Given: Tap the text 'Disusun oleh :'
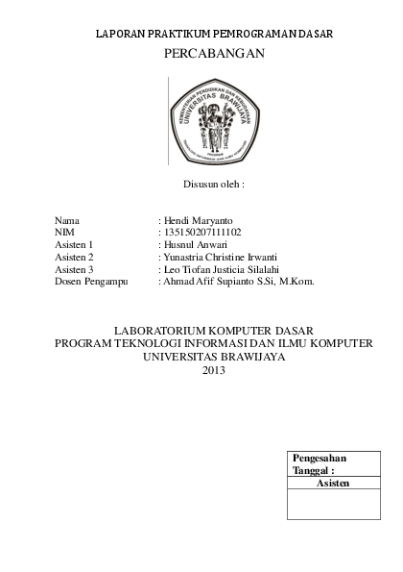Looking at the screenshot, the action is point(214,182).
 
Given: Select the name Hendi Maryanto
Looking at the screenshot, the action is point(198,220).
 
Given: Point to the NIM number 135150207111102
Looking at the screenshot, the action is point(201,233).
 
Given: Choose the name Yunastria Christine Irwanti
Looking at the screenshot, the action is point(220,258).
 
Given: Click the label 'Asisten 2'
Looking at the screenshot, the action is point(74,258).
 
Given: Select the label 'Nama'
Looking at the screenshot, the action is point(67,220).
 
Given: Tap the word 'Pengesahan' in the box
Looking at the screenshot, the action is point(319,458).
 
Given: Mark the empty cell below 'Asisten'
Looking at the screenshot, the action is point(332,504).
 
